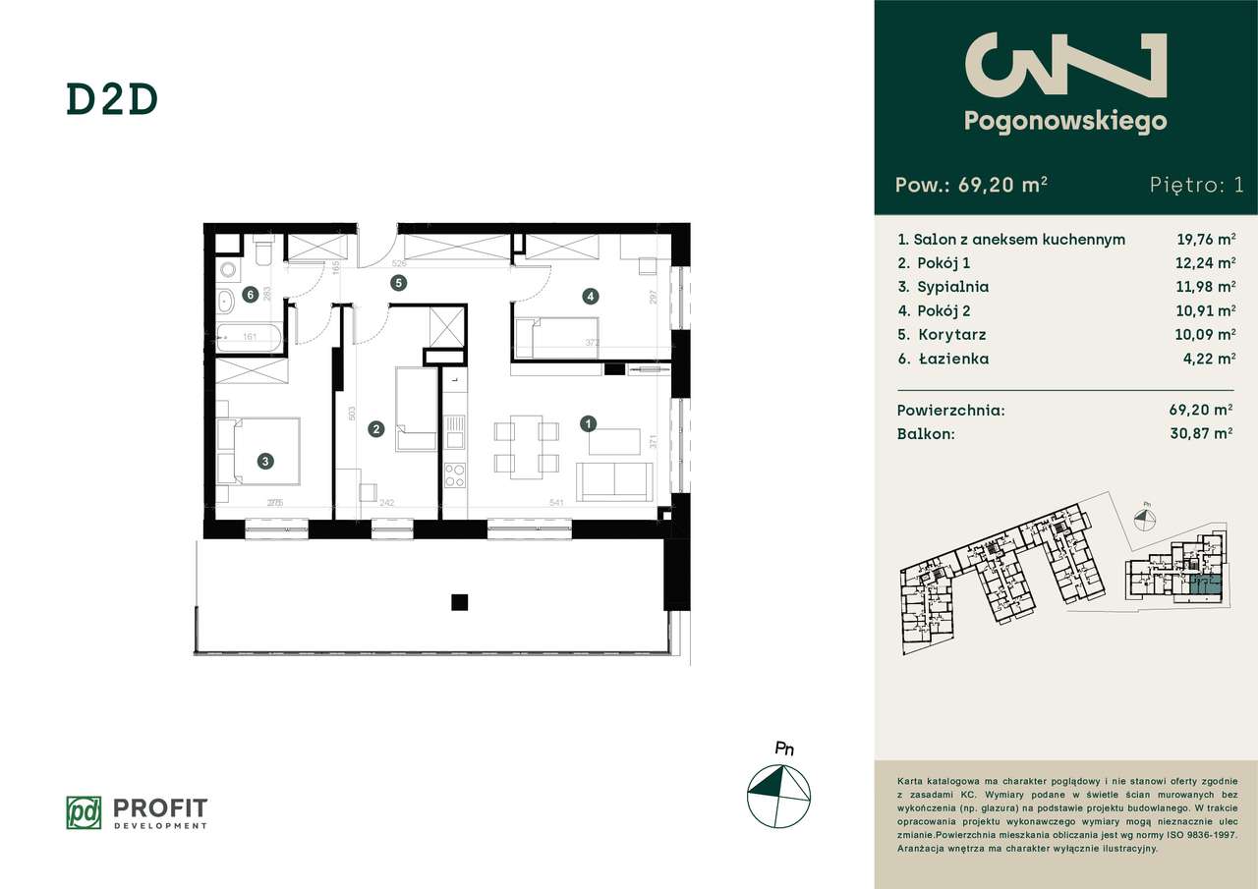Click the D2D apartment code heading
(x=112, y=100)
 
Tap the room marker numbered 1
(x=588, y=424)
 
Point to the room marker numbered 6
(x=252, y=294)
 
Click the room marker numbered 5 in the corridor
(x=398, y=284)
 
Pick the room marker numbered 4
(x=590, y=295)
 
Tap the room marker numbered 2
(x=375, y=428)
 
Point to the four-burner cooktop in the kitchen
(x=455, y=475)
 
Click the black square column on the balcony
(x=458, y=602)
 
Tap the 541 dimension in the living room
(x=557, y=504)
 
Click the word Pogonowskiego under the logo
(x=1065, y=121)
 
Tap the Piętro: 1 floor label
(x=1195, y=185)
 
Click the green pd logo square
(x=84, y=811)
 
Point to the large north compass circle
(x=779, y=794)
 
